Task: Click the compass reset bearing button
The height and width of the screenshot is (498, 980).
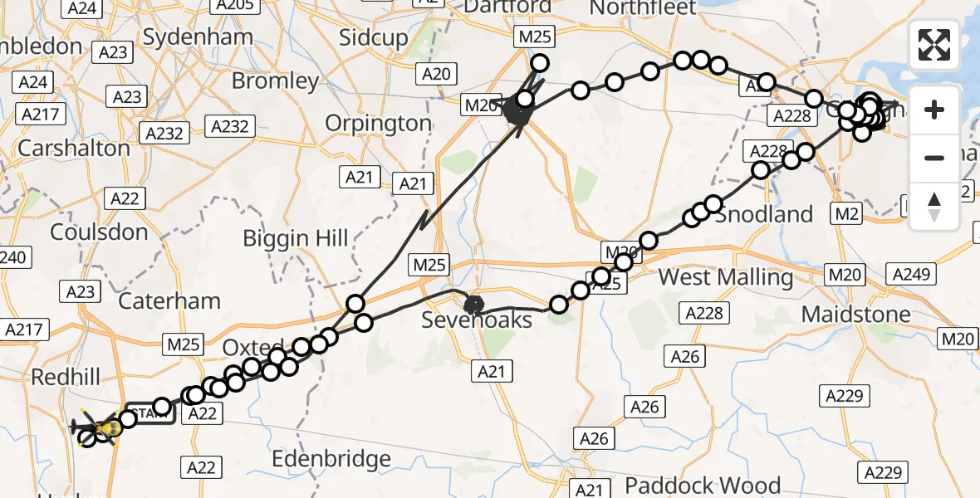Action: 934,206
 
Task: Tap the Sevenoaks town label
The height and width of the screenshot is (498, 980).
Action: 464,320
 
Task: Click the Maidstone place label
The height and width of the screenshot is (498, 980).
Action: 855,315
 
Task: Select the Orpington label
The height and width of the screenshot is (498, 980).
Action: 378,124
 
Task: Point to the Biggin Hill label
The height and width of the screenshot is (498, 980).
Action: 295,239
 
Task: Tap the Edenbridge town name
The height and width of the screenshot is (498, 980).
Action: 331,459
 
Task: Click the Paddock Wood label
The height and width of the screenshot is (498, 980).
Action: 703,486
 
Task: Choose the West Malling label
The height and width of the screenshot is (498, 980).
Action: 725,277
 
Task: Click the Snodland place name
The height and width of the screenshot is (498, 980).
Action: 763,214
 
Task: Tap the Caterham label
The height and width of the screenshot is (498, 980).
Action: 169,300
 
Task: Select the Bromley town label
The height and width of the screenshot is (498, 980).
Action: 275,81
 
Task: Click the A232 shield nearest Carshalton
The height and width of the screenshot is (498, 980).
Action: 165,133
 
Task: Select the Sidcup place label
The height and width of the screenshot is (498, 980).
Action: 374,37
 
